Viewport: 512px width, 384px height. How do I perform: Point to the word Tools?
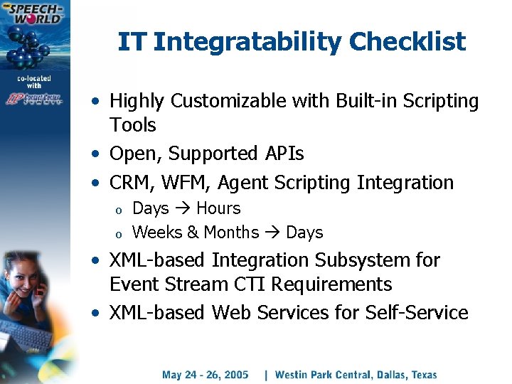point(132,125)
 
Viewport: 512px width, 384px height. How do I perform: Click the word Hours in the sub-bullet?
point(218,209)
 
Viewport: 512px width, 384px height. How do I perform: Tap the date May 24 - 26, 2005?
point(205,375)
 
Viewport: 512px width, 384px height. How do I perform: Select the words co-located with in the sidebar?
point(36,80)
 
